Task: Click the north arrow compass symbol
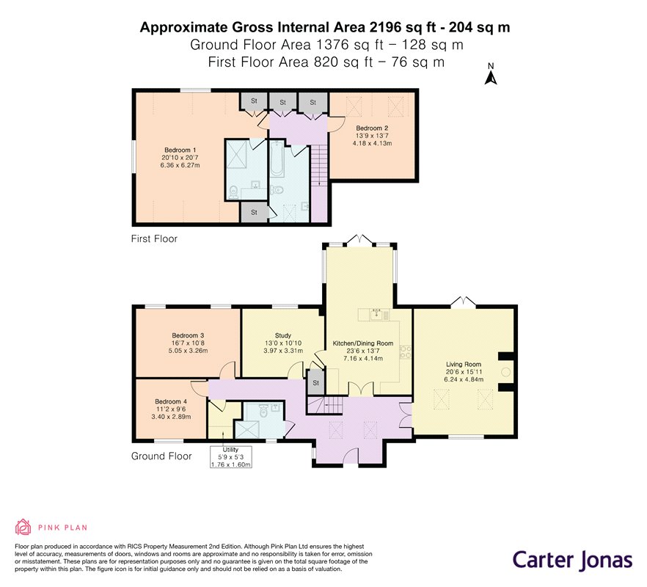pyautogui.click(x=491, y=74)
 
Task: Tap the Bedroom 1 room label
pyautogui.click(x=180, y=150)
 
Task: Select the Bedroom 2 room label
pyautogui.click(x=372, y=128)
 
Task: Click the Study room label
pyautogui.click(x=283, y=335)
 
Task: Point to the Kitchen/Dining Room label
pyautogui.click(x=363, y=343)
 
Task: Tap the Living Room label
pyautogui.click(x=464, y=364)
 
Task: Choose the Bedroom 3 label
pyautogui.click(x=188, y=335)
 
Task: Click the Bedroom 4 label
pyautogui.click(x=171, y=401)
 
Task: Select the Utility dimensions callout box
pyautogui.click(x=230, y=457)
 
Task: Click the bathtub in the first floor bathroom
pyautogui.click(x=277, y=158)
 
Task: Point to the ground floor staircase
pyautogui.click(x=326, y=404)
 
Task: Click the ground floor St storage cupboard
pyautogui.click(x=315, y=382)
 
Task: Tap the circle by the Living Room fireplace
pyautogui.click(x=505, y=372)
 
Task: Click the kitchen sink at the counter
pyautogui.click(x=376, y=315)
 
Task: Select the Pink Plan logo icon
pyautogui.click(x=23, y=527)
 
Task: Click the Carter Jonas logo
pyautogui.click(x=573, y=560)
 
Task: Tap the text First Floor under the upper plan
pyautogui.click(x=154, y=238)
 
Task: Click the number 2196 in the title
pyautogui.click(x=385, y=27)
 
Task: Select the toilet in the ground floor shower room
pyautogui.click(x=263, y=411)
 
